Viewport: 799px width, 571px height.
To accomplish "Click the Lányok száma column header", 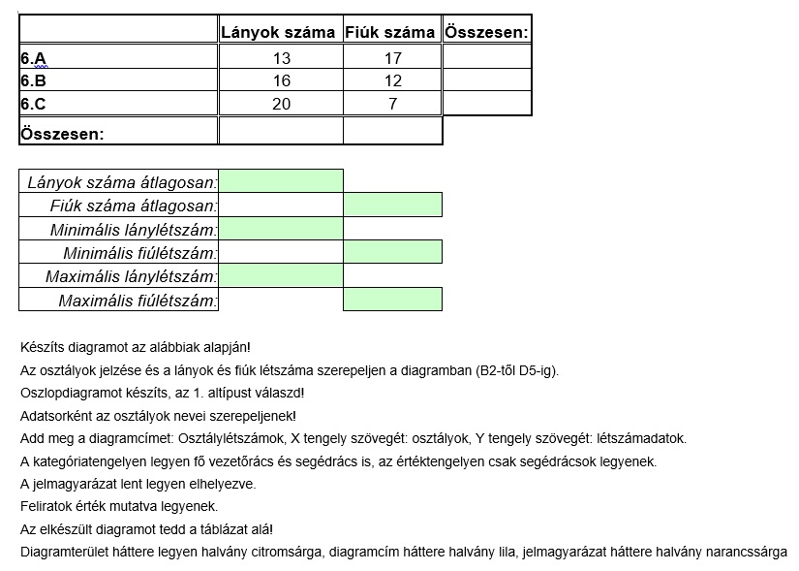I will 279,32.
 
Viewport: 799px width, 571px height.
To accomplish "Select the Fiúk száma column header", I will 390,32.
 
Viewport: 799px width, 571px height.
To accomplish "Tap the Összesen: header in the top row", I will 487,32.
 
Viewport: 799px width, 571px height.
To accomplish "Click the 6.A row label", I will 33,58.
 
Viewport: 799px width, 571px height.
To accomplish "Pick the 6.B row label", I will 33,81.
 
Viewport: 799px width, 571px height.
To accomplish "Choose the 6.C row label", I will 33,105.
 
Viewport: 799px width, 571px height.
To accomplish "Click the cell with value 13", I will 282,58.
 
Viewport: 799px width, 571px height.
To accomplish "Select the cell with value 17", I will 392,58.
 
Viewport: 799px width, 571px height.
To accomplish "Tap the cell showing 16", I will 282,81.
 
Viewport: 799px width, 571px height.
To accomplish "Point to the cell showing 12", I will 392,81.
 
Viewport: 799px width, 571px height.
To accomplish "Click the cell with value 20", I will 282,105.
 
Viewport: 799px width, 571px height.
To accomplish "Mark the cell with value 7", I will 392,105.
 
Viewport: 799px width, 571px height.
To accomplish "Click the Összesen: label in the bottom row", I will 62,134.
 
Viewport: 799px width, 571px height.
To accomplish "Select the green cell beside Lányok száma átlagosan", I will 281,181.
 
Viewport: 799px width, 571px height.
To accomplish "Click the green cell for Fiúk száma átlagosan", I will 392,205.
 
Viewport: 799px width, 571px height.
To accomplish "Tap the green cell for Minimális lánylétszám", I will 281,229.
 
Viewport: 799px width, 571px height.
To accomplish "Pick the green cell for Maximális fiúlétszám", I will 392,300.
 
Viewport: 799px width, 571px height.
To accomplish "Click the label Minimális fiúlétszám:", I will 139,253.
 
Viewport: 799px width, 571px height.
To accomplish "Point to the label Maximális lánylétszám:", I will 132,276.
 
